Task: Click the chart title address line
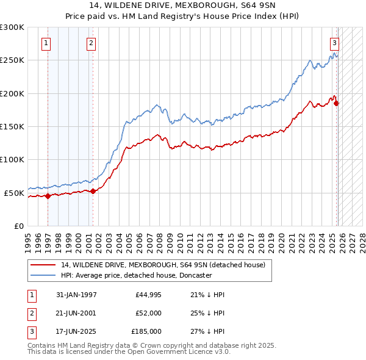point(182,5)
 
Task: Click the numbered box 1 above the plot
point(47,43)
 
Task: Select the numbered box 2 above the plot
point(91,43)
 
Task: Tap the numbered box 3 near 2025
point(335,43)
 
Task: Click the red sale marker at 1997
point(48,196)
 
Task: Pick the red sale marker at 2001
point(93,192)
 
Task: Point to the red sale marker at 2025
point(336,104)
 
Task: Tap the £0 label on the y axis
point(18,226)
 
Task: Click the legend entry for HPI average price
point(136,275)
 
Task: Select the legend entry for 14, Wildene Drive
point(162,265)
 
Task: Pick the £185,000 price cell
point(146,331)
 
